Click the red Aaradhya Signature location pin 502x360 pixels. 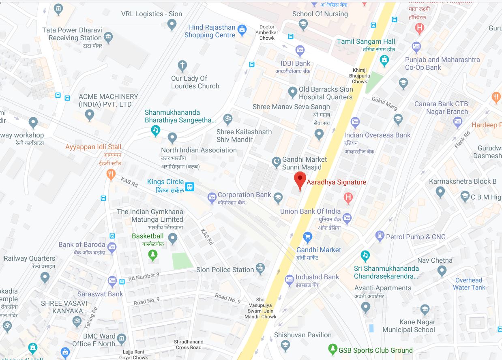[300, 179]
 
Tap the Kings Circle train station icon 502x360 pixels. [189, 186]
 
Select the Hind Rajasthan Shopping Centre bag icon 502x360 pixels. [242, 29]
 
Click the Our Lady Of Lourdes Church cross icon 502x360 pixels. [182, 66]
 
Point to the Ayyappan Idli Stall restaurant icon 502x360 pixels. [110, 174]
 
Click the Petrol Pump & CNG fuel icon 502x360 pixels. [380, 235]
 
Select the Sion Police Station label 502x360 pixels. [225, 270]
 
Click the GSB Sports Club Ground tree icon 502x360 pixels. [333, 348]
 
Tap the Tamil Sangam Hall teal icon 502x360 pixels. [384, 60]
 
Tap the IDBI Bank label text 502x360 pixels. [295, 63]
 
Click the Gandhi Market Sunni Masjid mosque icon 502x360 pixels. [277, 162]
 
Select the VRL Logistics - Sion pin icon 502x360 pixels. [172, 25]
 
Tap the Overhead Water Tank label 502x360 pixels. [469, 284]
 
